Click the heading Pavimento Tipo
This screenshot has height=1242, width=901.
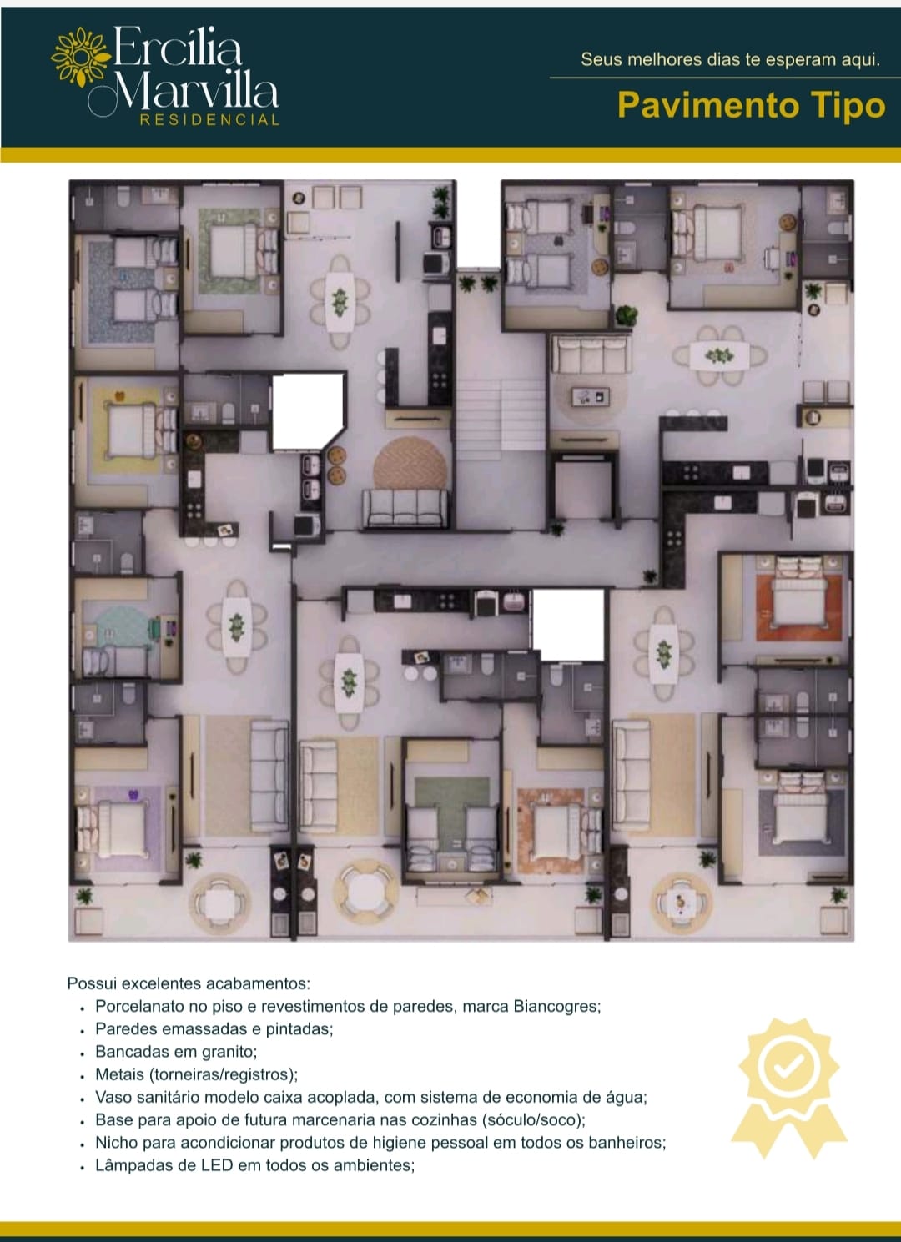coord(752,105)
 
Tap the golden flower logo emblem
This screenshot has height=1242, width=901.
coord(81,57)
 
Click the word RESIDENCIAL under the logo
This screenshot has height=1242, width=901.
coord(209,120)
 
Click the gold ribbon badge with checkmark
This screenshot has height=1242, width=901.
coord(789,1088)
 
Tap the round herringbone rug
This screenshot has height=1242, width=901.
coord(410,465)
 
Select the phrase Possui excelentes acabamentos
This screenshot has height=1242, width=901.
coord(189,983)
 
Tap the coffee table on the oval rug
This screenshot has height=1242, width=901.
coord(591,396)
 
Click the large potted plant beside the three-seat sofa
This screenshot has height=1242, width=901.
coord(627,316)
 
